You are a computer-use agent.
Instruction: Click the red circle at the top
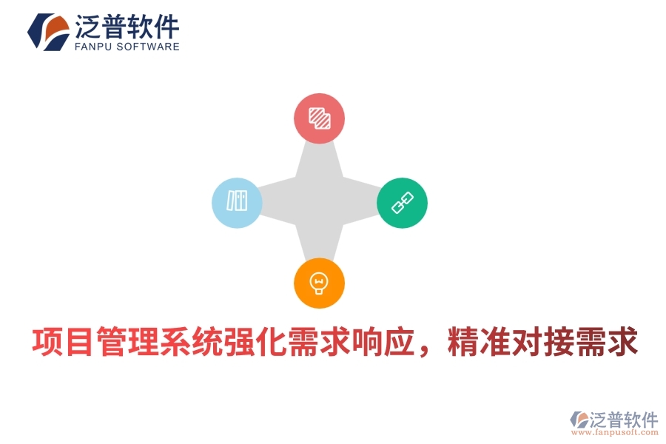[x=320, y=118]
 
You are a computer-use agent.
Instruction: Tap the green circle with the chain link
[x=403, y=202]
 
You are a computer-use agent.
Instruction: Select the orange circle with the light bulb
[x=319, y=283]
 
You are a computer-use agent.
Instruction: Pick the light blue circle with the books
[x=237, y=202]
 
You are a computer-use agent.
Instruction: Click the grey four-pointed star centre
[x=320, y=201]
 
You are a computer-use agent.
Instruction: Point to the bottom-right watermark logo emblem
[x=578, y=420]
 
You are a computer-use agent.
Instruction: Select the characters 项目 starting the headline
[x=58, y=343]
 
